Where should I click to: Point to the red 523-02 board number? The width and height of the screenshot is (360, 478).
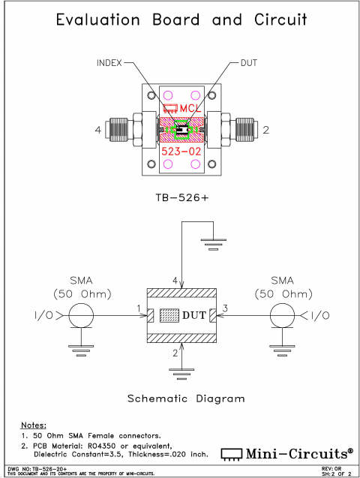click(181, 151)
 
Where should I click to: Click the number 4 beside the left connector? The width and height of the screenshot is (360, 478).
click(98, 131)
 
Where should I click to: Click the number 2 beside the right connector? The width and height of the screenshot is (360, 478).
click(265, 131)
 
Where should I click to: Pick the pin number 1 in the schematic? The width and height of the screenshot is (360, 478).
click(139, 308)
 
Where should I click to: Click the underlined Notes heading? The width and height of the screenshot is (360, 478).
click(33, 425)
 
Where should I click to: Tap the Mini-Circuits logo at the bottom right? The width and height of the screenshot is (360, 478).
click(289, 453)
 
